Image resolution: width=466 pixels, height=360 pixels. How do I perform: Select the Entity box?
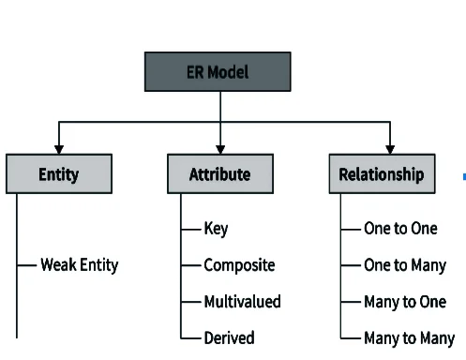click(x=59, y=174)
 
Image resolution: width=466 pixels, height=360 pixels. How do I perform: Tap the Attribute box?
click(x=220, y=174)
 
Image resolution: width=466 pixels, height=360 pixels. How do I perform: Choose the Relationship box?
click(x=382, y=174)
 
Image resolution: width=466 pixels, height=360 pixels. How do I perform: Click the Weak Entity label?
click(x=80, y=265)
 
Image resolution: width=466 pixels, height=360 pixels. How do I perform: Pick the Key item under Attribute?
click(x=216, y=229)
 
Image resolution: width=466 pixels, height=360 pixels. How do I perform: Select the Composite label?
click(x=239, y=265)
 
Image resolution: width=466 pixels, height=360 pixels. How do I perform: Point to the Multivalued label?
click(x=242, y=302)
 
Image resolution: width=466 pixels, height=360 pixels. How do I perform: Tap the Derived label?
click(x=229, y=337)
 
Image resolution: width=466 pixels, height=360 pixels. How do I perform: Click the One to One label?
click(x=400, y=229)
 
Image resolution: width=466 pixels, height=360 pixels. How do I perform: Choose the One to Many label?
click(x=405, y=265)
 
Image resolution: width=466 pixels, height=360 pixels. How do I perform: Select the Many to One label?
click(x=405, y=302)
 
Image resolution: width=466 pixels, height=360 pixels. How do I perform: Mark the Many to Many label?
click(x=409, y=337)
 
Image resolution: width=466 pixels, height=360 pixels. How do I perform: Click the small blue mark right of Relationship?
click(x=464, y=175)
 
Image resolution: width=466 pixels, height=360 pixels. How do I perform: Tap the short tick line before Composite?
click(x=191, y=265)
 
